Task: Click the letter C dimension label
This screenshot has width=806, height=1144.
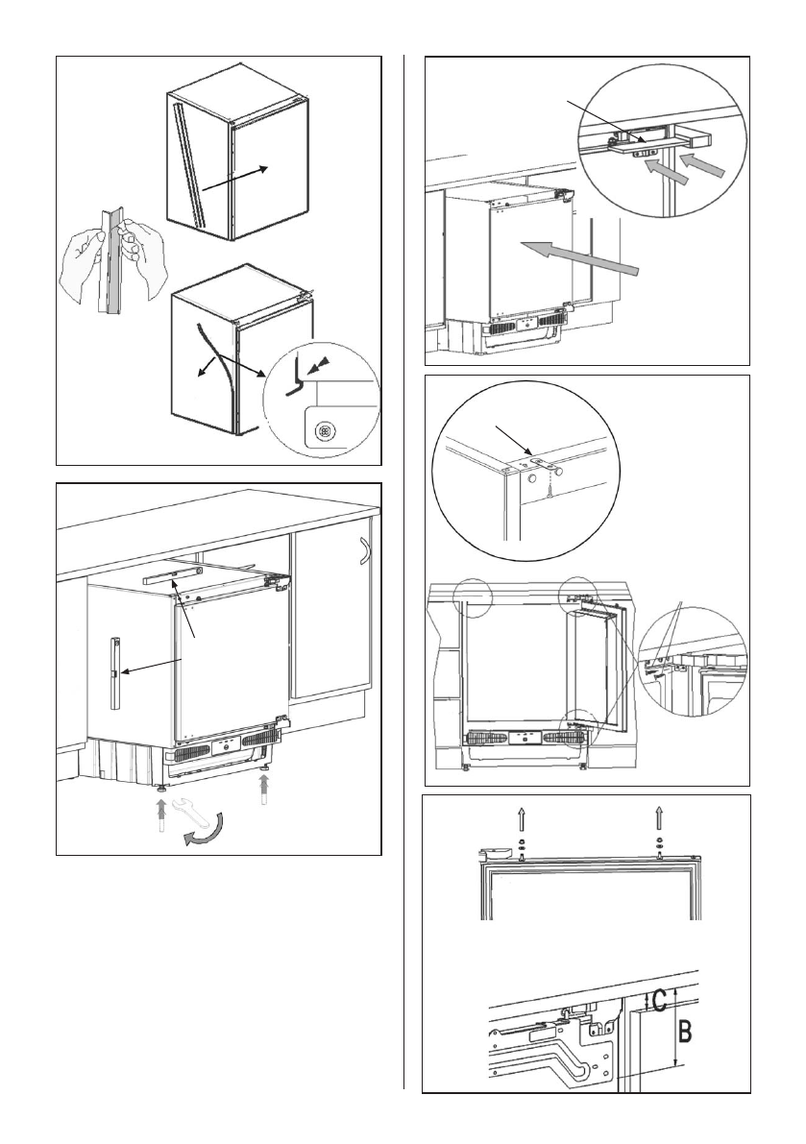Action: tap(659, 1001)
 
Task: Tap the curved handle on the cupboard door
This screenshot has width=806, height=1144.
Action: tap(362, 555)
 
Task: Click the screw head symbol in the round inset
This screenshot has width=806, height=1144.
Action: tap(325, 432)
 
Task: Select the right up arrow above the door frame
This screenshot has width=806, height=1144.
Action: tap(659, 818)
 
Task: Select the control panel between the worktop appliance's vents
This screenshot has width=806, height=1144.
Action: tap(217, 744)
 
